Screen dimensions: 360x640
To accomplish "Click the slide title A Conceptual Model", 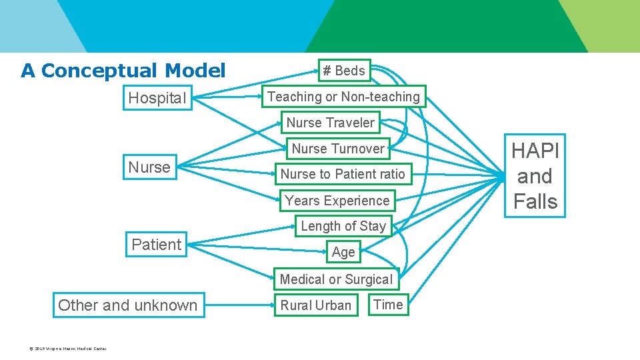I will tap(123, 71).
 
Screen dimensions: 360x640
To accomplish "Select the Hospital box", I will tap(157, 98).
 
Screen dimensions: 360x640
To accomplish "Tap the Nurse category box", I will tap(149, 167).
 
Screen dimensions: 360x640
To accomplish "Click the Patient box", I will tap(157, 245).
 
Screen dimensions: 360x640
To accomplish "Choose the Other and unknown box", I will tap(128, 305).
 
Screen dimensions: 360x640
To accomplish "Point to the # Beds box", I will tap(344, 71).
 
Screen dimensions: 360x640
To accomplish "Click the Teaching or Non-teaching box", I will tap(343, 97).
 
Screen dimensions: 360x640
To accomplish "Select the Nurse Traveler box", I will tap(331, 123).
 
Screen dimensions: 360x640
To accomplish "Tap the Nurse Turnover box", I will tap(338, 149).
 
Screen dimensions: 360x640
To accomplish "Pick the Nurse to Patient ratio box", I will tap(343, 174).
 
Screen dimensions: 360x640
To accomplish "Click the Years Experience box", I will tap(337, 201).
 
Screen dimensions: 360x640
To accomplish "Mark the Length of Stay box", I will tap(343, 226).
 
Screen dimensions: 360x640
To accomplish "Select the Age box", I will tap(343, 252).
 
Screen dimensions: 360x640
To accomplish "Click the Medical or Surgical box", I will tap(337, 279).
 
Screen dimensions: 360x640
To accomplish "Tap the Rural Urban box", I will tap(316, 305).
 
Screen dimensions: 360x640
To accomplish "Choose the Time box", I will tap(388, 305).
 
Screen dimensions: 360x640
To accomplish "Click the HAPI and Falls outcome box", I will tap(535, 176).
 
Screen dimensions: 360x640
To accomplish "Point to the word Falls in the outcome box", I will tap(535, 201).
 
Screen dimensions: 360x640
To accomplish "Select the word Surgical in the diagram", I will tap(367, 279).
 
